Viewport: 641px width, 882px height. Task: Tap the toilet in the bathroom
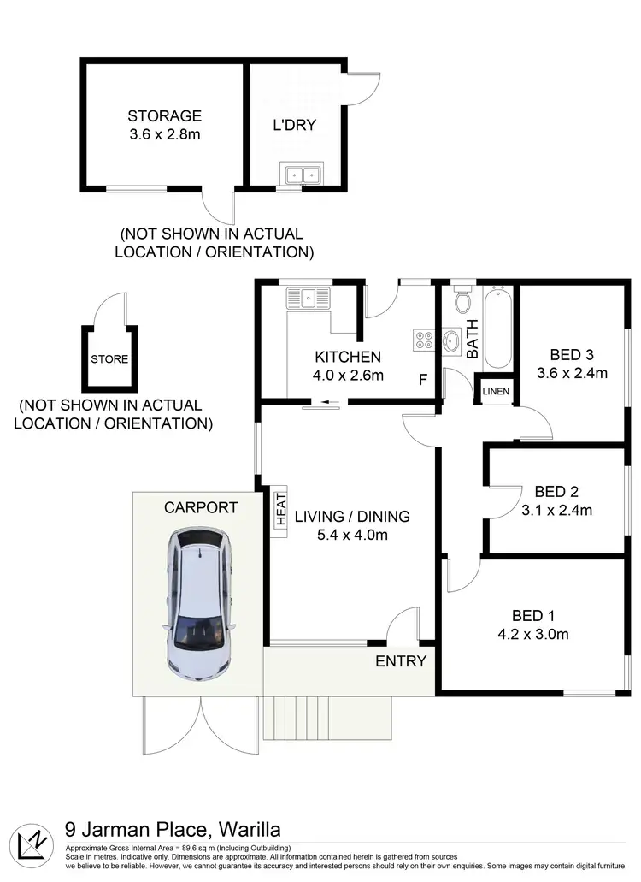click(x=462, y=301)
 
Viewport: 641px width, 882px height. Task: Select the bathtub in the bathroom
click(x=498, y=329)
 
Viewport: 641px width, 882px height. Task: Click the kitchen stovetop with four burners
click(x=423, y=340)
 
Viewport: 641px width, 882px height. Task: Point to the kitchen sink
click(x=308, y=299)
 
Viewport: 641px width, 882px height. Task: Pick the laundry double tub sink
click(x=301, y=175)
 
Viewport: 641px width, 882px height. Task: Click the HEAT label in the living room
click(x=280, y=511)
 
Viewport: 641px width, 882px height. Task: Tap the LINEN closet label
click(x=496, y=392)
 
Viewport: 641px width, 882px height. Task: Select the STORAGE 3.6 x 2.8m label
click(x=164, y=125)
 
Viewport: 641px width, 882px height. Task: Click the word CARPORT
click(x=201, y=507)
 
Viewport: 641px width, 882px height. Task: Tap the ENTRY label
click(x=401, y=660)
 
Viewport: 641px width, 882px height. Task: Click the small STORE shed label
click(x=109, y=359)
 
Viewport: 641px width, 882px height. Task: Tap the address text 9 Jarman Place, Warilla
click(x=173, y=829)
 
